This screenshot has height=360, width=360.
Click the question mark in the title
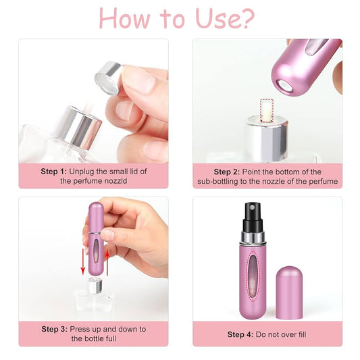click(x=246, y=19)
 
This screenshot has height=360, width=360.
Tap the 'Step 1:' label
click(x=54, y=172)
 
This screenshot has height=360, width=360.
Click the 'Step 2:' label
click(x=227, y=172)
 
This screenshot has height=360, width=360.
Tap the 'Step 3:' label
click(x=55, y=329)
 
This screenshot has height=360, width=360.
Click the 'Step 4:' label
click(x=240, y=334)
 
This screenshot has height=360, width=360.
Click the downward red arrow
click(x=83, y=262)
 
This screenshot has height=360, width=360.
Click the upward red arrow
click(x=107, y=262)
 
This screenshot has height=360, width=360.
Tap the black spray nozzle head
click(x=253, y=217)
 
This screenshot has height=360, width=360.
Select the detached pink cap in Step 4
click(x=289, y=292)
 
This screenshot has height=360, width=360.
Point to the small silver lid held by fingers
click(x=108, y=78)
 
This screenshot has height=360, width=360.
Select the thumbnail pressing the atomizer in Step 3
click(x=107, y=234)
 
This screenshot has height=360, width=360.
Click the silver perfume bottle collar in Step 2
click(x=267, y=138)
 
